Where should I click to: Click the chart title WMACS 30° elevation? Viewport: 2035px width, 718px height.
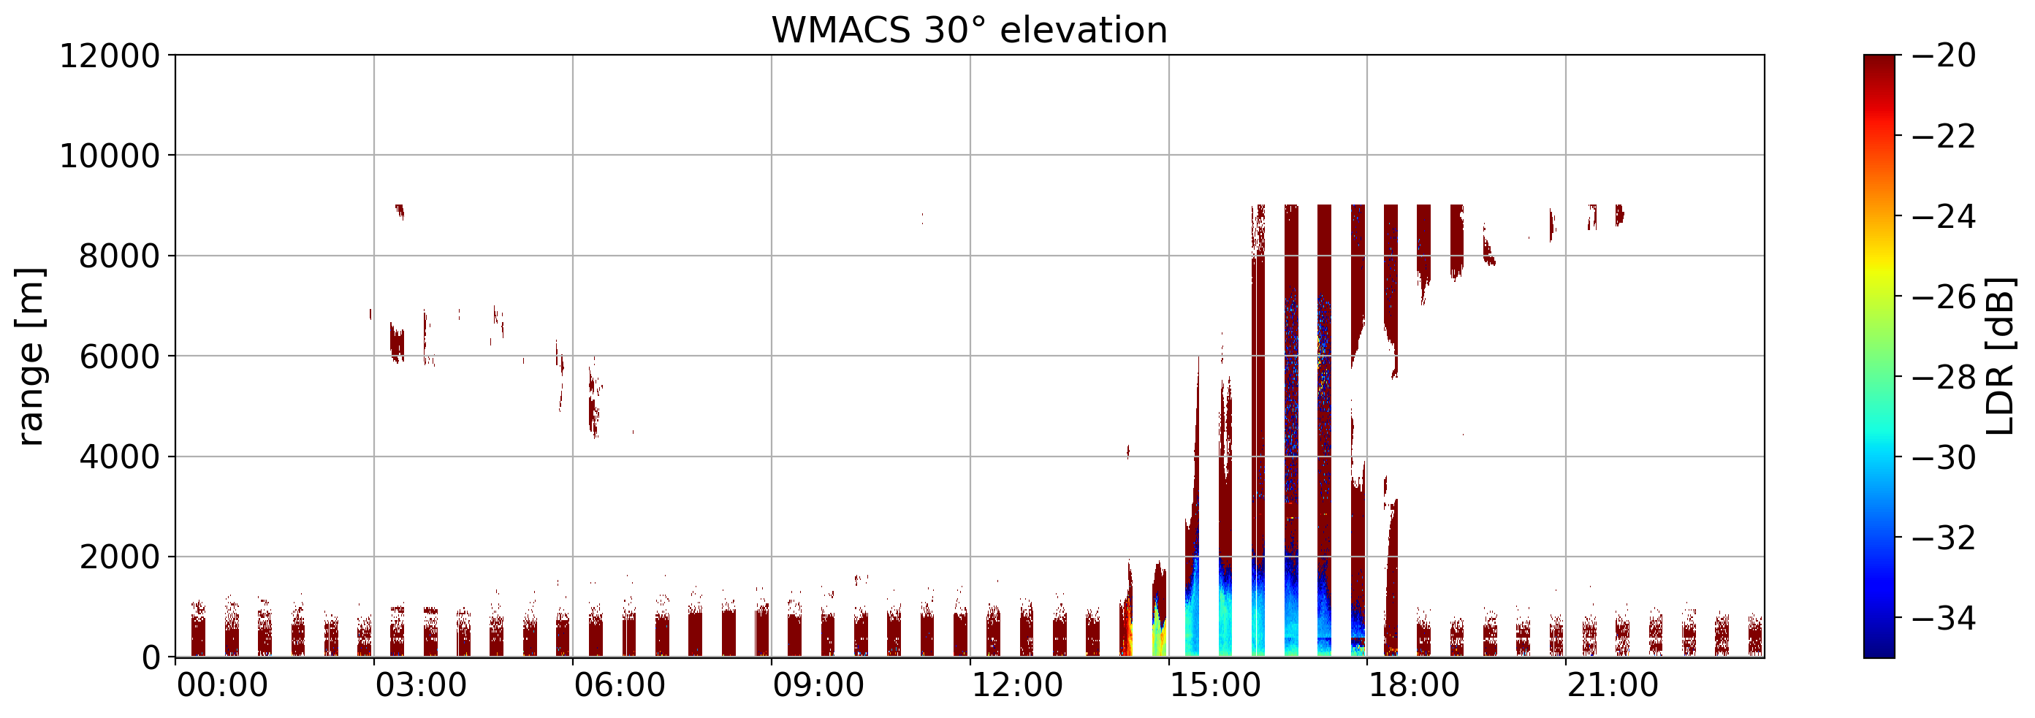(x=970, y=30)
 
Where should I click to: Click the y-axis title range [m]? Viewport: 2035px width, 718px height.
(x=30, y=356)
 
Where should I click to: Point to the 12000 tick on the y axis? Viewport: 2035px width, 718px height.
(x=110, y=56)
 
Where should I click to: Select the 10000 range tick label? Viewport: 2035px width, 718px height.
(x=110, y=156)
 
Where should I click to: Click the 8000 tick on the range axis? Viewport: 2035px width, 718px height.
(x=119, y=256)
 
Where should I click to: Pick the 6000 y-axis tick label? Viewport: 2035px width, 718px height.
(x=119, y=357)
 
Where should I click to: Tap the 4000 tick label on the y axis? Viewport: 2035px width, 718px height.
(x=119, y=457)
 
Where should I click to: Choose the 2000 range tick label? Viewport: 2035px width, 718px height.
(x=119, y=557)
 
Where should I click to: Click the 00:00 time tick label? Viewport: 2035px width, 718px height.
(x=223, y=686)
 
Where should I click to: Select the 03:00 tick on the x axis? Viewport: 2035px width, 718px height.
(x=421, y=686)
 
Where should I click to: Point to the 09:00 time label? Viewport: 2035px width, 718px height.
(x=818, y=686)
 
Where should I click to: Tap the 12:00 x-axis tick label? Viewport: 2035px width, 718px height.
(x=1017, y=686)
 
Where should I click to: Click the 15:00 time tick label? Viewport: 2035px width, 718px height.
(x=1216, y=686)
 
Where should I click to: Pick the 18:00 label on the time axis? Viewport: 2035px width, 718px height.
(x=1414, y=686)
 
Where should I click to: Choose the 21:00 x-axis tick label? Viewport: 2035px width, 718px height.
(x=1613, y=686)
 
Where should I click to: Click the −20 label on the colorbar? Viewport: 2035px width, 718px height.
(x=1944, y=56)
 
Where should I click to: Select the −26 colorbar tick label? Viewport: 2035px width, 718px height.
(x=1944, y=298)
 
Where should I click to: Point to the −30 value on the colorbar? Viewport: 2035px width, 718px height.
(x=1944, y=458)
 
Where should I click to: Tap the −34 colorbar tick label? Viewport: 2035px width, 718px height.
(x=1944, y=619)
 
